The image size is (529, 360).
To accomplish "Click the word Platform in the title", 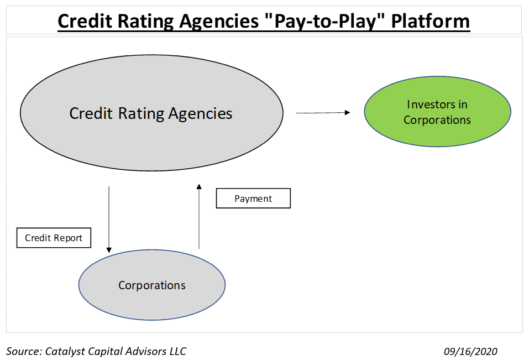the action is [431, 21].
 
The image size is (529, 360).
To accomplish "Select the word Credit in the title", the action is [85, 21].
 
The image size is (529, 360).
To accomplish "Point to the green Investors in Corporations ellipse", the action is [438, 112].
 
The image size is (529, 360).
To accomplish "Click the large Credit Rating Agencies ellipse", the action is [151, 113].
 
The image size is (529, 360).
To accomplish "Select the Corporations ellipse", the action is [152, 285].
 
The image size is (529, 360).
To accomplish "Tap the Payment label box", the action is [253, 199].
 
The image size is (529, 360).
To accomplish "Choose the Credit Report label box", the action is [54, 238].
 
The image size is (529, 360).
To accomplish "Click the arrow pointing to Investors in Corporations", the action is [323, 113].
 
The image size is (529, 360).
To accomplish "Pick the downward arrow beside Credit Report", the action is [109, 220].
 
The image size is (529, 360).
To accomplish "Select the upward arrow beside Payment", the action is [199, 216].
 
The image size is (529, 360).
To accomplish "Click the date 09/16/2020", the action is [470, 351].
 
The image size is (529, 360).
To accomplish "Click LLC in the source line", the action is [178, 351].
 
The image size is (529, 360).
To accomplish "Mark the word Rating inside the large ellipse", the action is [142, 114].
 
